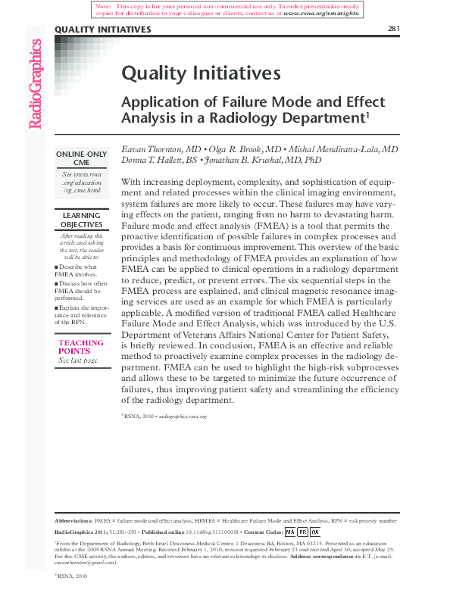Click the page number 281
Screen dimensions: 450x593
(x=392, y=30)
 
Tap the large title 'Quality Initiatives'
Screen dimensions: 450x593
(x=202, y=73)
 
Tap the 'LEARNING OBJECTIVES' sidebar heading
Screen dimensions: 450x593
(x=81, y=220)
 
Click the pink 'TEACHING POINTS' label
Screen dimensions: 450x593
(x=80, y=347)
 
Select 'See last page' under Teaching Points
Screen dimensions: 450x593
(x=78, y=360)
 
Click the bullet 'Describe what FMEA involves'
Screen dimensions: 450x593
(x=80, y=271)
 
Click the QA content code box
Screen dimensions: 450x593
(x=316, y=532)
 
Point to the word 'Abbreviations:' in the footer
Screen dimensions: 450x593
(x=74, y=521)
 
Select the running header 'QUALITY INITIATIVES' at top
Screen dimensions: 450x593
(x=102, y=30)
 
